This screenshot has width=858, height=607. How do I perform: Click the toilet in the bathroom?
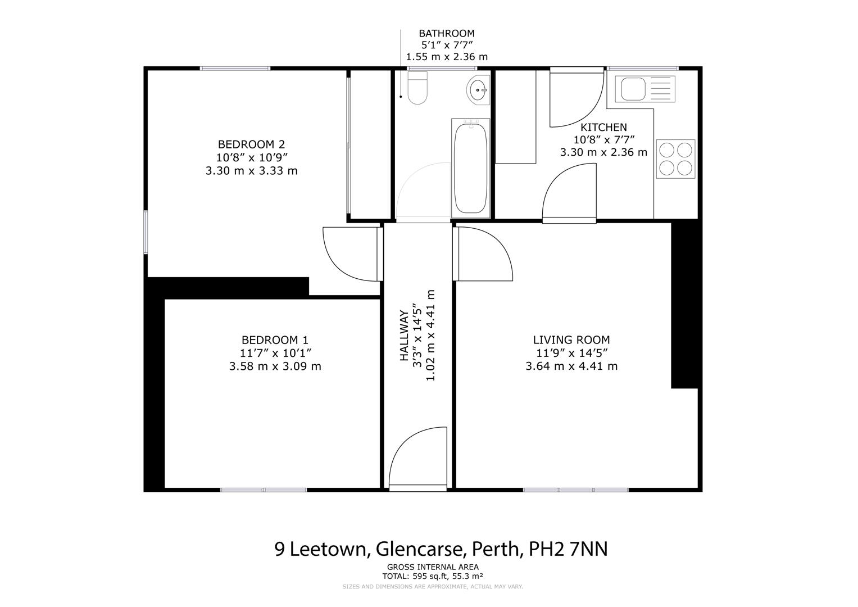coord(417,89)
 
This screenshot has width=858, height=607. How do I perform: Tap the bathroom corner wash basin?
coord(479,89)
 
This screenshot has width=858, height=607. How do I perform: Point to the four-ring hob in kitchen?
coord(675,159)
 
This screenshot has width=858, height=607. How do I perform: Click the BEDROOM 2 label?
coord(251,144)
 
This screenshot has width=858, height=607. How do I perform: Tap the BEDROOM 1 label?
coord(275,340)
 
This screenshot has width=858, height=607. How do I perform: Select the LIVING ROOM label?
coord(571,340)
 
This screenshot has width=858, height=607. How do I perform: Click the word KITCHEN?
coord(603,128)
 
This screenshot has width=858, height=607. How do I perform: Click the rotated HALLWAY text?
coord(403,336)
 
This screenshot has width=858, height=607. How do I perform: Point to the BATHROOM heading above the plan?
coord(446,34)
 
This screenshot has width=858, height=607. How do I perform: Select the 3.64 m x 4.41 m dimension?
coord(571,366)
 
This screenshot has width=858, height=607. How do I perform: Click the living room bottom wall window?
coord(575,490)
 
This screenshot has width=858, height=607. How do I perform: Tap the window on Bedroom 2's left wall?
coord(146,232)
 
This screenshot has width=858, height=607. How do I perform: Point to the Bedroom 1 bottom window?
coord(264,490)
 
